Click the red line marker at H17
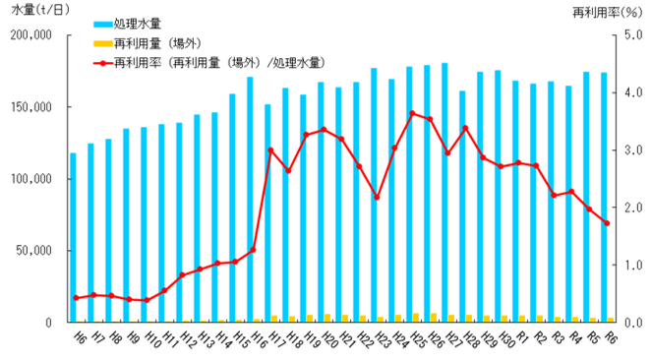[270, 150]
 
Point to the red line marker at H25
[412, 113]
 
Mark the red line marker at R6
[607, 223]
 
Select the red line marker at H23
[377, 198]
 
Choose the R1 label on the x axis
[522, 337]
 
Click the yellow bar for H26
[434, 318]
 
